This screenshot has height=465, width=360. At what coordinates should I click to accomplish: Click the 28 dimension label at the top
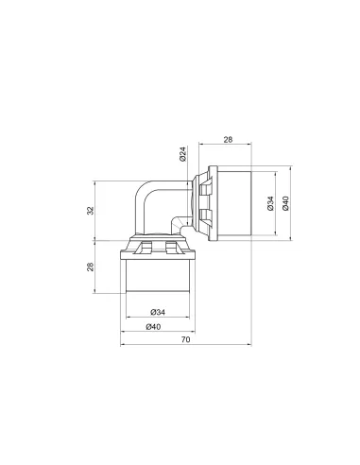[x=228, y=140]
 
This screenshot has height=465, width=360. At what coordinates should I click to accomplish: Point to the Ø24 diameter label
[x=183, y=154]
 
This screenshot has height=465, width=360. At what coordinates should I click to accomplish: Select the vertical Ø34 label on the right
[x=270, y=203]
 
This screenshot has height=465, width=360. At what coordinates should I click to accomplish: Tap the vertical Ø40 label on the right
[x=285, y=203]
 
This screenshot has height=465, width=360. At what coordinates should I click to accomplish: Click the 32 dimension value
[x=91, y=211]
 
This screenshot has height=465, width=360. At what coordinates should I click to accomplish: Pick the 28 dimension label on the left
[x=91, y=267]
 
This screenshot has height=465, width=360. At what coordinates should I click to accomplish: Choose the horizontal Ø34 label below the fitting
[x=158, y=312]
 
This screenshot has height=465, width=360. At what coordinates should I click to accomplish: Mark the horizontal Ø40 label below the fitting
[x=153, y=327]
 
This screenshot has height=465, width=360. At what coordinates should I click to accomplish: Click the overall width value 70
[x=186, y=339]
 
